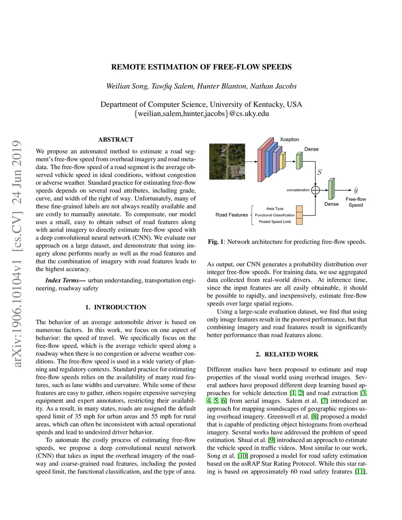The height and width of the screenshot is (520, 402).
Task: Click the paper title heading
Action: pos(201,67)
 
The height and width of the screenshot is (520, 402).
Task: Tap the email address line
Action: pos(201,114)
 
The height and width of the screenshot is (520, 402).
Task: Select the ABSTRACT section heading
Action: pos(116,140)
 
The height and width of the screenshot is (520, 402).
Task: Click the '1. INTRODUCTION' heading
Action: pos(116,307)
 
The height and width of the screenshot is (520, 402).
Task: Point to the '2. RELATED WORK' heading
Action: pos(287,354)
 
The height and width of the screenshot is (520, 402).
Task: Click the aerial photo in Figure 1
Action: pos(227,162)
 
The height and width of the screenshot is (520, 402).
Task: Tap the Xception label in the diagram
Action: pos(289,140)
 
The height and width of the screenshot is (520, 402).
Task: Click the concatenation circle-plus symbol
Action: pos(315,190)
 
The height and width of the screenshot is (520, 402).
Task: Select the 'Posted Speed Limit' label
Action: pos(275,222)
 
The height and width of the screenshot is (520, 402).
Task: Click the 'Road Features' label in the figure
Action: pos(232,215)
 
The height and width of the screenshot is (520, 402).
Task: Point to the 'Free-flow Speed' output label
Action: pos(356,202)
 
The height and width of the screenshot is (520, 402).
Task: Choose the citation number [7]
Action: pos(324,401)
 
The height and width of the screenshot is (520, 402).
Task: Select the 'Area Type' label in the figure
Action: pos(275,209)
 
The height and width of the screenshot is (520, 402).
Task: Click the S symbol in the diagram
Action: pos(320,172)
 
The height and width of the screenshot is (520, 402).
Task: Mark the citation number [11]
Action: pos(360,472)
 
